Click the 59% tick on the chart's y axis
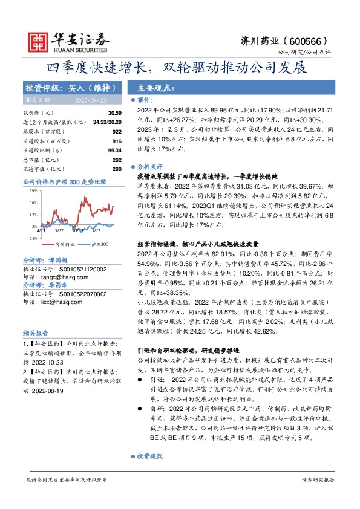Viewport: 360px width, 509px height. (34, 192)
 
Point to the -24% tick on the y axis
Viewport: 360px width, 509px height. (33, 238)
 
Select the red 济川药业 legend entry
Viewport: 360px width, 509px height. (64, 245)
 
